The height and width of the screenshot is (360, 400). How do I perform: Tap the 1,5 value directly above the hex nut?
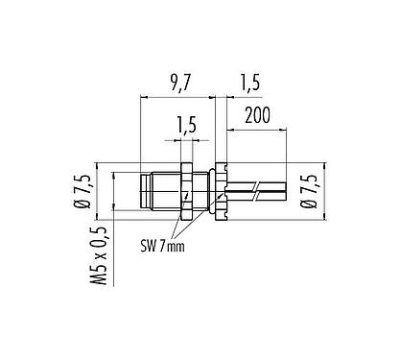point(188,123)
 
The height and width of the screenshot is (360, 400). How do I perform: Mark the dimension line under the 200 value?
point(255,129)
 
